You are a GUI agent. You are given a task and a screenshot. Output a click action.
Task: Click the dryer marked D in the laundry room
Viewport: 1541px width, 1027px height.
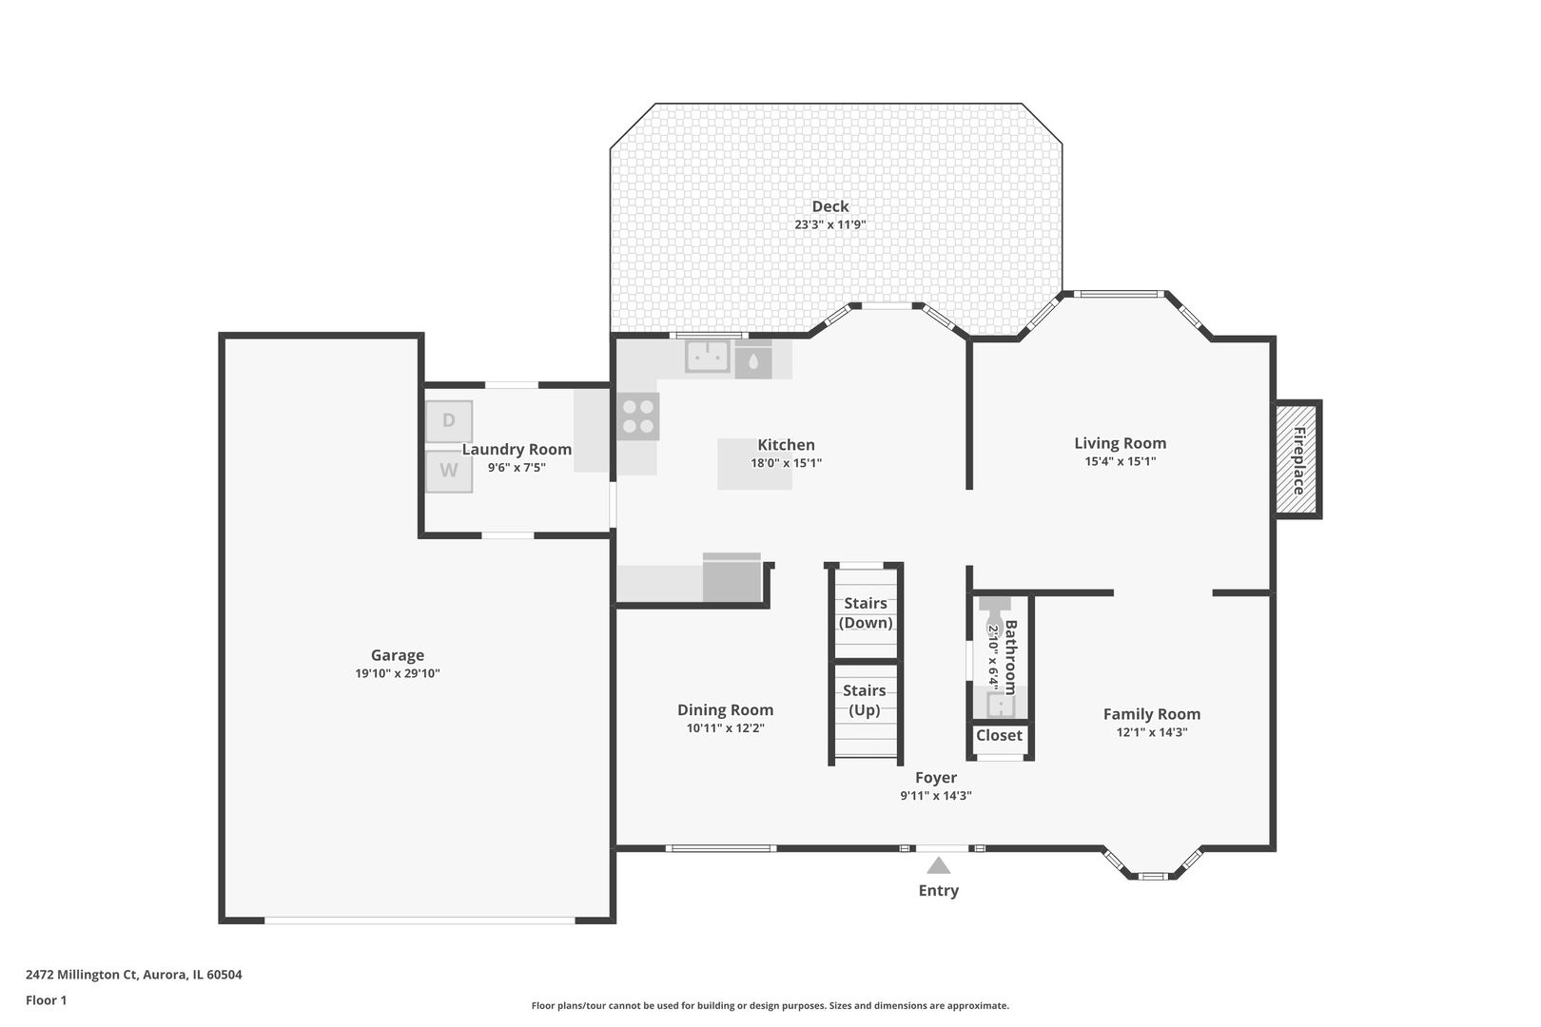coord(449,421)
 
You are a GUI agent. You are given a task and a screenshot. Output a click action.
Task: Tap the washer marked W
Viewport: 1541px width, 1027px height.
coord(449,472)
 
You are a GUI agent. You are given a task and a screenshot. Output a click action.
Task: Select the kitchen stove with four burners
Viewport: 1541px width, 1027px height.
coord(637,417)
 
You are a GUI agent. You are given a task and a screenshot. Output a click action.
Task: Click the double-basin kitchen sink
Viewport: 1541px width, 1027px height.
coord(707,357)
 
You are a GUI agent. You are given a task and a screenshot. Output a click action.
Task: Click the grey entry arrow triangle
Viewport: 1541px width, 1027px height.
coord(938,864)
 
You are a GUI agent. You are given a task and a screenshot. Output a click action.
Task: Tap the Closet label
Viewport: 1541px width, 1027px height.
coord(999,735)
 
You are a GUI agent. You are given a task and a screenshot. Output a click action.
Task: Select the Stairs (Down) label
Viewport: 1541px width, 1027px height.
coord(866,613)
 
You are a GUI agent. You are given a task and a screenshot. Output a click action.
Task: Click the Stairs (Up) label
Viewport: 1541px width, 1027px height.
coord(864,700)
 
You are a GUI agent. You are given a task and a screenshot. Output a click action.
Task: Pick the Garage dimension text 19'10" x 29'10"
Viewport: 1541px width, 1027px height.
coord(398,673)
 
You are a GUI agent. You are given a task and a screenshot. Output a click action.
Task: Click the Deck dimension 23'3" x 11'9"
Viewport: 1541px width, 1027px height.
coord(830,224)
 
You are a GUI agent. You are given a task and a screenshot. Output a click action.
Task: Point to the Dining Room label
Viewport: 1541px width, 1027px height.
coord(725,710)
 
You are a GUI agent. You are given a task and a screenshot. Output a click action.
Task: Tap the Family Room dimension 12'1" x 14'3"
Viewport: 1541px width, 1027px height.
coord(1152,732)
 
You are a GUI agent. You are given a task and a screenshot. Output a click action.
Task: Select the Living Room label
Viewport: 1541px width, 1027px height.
coord(1120,444)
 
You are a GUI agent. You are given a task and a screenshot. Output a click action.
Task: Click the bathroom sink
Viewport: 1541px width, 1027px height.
coord(1001,705)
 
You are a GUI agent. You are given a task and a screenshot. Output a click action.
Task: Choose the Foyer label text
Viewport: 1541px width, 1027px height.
coord(936,778)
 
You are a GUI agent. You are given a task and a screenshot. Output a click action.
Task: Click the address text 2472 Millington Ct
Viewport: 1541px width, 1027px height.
coord(82,975)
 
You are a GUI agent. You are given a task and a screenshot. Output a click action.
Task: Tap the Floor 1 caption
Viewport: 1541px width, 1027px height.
coord(46,1000)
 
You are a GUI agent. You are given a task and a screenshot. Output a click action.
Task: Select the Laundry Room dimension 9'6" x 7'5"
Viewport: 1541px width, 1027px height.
coord(517,468)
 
